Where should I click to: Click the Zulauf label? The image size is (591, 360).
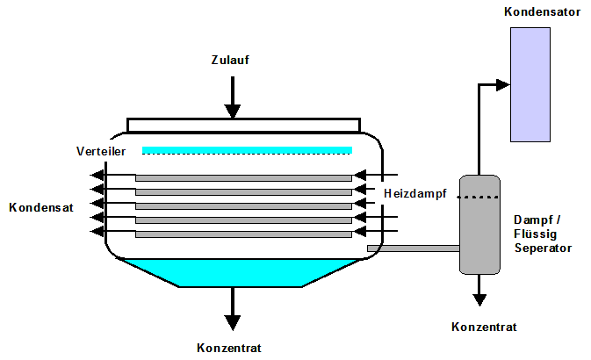tap(232, 61)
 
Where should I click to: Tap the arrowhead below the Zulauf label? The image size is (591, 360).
tap(232, 111)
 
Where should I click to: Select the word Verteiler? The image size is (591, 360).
tap(102, 151)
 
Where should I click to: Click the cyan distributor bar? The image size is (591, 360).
tap(247, 150)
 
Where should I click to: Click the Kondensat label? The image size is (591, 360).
tap(41, 207)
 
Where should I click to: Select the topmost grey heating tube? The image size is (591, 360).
tap(243, 178)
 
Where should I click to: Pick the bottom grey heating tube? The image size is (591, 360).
tap(243, 234)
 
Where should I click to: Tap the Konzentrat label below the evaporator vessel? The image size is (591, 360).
tap(230, 348)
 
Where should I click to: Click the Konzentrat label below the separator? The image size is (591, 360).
tap(484, 327)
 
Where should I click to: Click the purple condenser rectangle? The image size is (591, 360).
tap(530, 84)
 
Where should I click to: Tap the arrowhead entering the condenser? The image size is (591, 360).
tap(502, 84)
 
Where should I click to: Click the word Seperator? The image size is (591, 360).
tap(543, 248)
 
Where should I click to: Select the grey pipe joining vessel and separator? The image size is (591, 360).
tap(413, 248)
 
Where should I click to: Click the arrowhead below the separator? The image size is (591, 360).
tap(479, 299)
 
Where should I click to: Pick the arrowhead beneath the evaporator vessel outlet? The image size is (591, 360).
tap(232, 321)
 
